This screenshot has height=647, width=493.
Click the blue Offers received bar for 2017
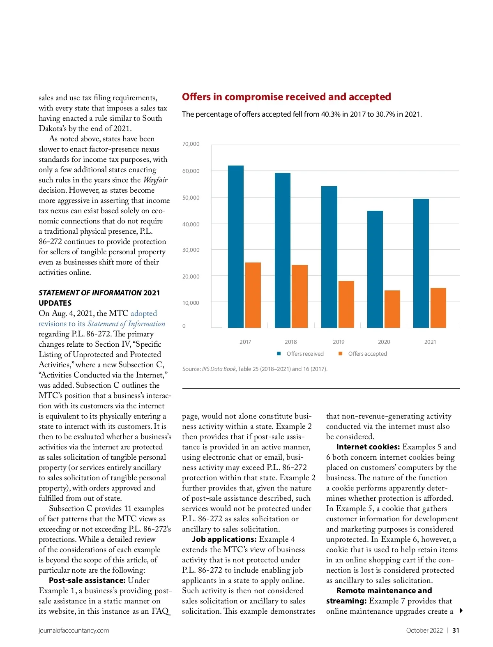click(x=236, y=246)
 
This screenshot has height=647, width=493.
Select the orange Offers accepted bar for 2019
click(x=346, y=304)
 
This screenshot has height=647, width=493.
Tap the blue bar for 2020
click(x=375, y=269)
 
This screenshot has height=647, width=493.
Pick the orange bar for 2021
click(x=438, y=308)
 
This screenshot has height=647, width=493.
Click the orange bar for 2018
click(x=299, y=296)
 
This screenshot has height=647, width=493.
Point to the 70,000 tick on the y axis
click(x=191, y=144)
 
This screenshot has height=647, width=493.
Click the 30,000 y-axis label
click(x=191, y=250)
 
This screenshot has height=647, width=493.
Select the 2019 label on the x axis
click(x=339, y=342)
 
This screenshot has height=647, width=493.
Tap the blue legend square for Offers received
click(x=279, y=354)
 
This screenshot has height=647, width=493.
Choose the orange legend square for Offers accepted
click(x=340, y=354)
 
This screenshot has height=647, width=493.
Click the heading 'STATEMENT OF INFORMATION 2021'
click(x=99, y=293)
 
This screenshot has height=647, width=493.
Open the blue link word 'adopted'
click(x=144, y=313)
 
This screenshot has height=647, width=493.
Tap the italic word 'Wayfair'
click(x=155, y=180)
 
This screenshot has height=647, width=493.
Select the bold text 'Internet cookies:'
click(x=368, y=447)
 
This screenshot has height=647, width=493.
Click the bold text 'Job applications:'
click(x=224, y=539)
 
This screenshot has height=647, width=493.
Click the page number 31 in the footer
click(x=456, y=631)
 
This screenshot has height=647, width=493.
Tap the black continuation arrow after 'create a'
click(x=461, y=611)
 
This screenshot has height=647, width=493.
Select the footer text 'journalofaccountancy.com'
click(x=74, y=631)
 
